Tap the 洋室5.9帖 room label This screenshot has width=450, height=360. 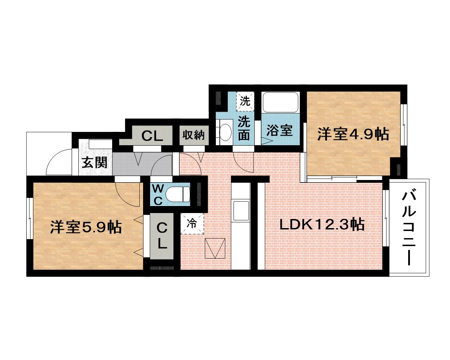(85, 227)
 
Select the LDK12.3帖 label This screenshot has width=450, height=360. (321, 224)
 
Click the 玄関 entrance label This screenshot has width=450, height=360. (95, 162)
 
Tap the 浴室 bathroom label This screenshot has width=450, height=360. (279, 131)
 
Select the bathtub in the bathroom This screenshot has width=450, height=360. (280, 102)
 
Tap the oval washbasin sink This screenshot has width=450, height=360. (225, 132)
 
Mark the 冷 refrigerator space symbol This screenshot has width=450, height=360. (192, 223)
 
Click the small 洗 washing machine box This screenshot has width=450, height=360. (245, 101)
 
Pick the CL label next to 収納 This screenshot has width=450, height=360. (152, 136)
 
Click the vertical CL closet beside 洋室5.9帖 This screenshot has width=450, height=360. (161, 236)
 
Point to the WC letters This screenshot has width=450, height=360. (157, 194)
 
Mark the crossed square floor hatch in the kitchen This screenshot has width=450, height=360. (215, 248)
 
